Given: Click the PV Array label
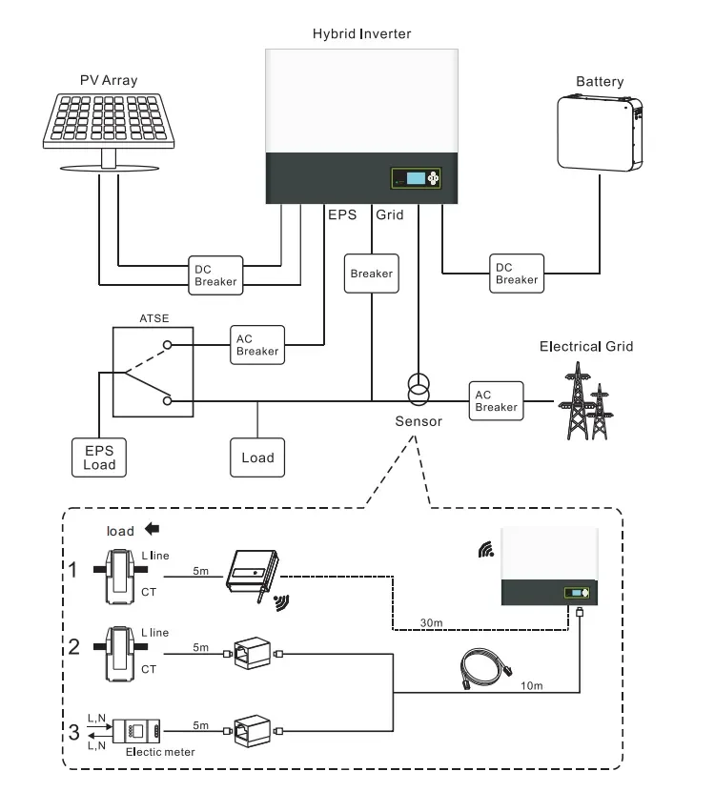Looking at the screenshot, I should tap(109, 81).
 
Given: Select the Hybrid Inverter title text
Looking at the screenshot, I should tap(361, 34).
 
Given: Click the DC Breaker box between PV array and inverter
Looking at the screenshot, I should tap(214, 273).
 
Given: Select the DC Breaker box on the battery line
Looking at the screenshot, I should tap(517, 273).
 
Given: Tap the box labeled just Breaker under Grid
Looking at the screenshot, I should tap(371, 274).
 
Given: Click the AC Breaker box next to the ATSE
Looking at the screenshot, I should tap(256, 344).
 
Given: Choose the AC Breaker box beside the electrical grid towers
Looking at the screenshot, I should tap(496, 400).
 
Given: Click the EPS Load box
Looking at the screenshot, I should tap(99, 457).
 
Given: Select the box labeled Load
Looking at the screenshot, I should tap(257, 457).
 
